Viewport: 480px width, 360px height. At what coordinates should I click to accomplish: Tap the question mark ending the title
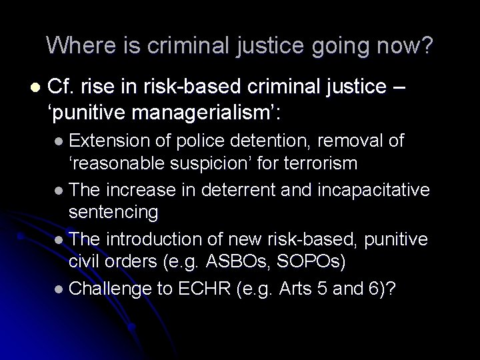click(x=427, y=45)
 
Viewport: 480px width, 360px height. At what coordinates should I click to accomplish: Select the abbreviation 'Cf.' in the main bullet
click(x=65, y=87)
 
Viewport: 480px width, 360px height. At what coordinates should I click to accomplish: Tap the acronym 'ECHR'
click(x=202, y=289)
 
